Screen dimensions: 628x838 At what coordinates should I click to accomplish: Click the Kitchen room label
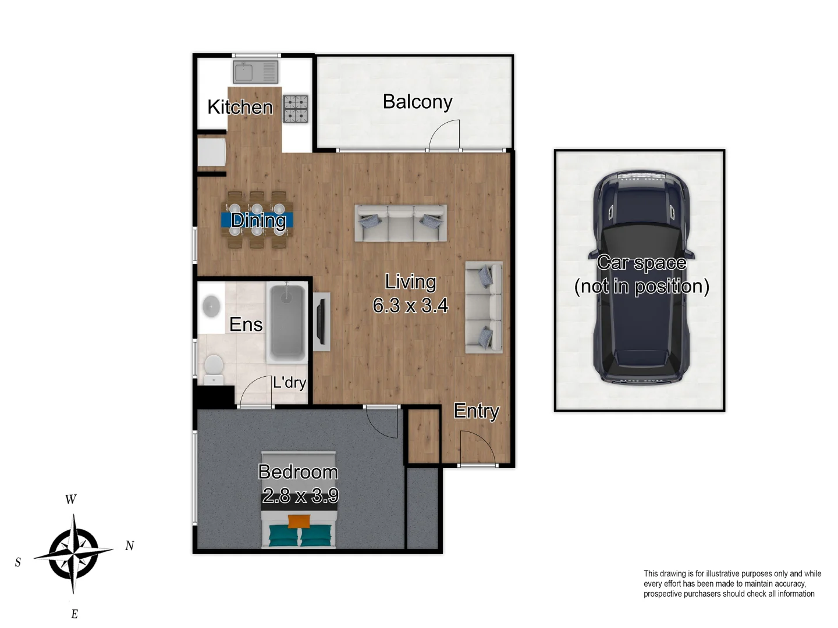240,107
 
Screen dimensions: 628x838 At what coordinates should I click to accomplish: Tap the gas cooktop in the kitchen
296,109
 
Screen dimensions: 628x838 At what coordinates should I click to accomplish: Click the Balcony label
417,102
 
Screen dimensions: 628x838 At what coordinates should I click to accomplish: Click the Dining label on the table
258,220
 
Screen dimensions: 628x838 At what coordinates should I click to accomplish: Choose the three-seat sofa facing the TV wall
400,223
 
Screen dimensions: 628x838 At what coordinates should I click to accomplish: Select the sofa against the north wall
484,307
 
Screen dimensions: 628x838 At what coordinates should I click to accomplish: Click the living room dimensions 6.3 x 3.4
410,305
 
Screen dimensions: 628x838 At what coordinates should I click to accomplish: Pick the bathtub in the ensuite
286,322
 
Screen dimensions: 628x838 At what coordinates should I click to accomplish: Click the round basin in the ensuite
211,306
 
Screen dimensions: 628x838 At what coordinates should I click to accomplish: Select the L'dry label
289,383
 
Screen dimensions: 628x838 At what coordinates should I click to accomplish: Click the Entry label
477,411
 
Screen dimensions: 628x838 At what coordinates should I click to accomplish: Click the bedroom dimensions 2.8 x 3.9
300,495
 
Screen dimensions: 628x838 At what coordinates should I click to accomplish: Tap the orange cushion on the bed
299,522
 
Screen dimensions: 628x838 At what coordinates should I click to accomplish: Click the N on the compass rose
130,545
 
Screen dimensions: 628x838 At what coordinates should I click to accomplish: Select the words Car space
641,263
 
